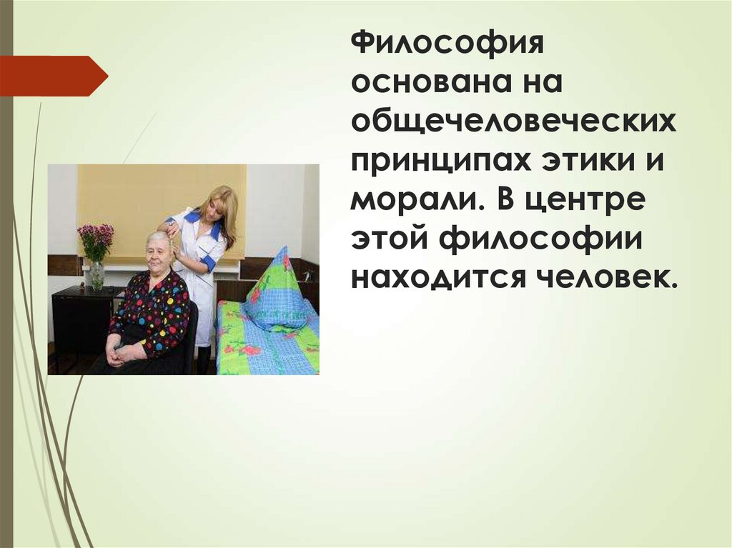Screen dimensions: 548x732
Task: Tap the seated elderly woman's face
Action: point(158,251)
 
